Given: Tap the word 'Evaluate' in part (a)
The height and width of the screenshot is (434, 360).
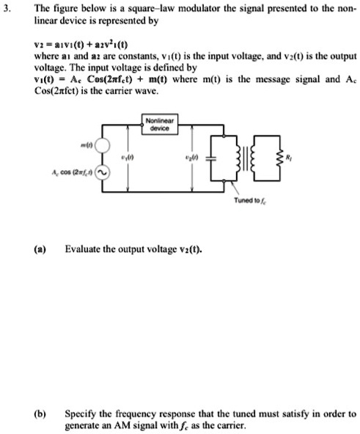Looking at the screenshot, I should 84,249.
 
